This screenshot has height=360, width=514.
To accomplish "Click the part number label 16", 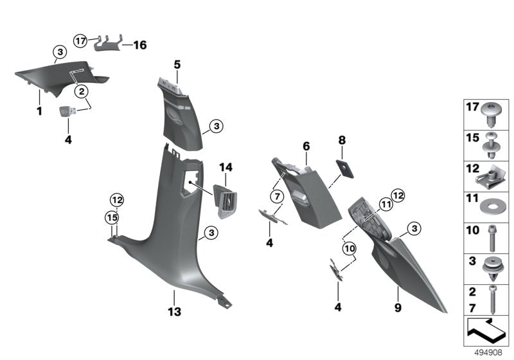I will pos(139,45).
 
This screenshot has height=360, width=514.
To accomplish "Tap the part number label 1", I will pos(39,111).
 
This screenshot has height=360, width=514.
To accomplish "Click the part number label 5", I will pos(177,64).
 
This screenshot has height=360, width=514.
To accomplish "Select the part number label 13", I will pos(174,311).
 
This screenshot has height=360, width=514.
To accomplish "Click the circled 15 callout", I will pos(112,217).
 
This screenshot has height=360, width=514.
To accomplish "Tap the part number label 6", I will pos(306,147).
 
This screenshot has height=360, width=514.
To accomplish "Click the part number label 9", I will pos(398,309).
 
